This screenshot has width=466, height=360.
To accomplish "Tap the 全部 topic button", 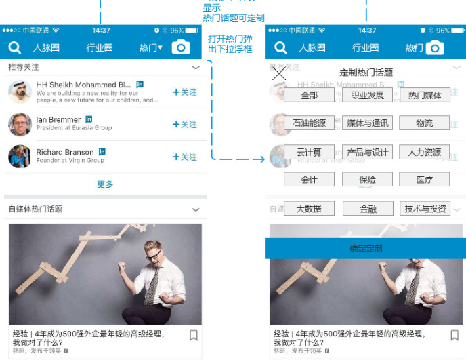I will [309, 96].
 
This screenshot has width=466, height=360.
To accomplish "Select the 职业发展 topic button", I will [367, 96].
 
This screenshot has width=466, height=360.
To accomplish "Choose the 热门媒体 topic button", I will [425, 96].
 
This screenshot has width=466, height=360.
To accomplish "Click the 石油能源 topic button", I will [309, 123].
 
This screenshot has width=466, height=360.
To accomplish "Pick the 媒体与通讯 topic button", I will [367, 123].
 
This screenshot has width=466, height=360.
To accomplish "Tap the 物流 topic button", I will [425, 123].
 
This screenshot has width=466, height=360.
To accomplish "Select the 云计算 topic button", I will [309, 152].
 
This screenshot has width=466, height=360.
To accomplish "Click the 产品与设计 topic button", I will [367, 152].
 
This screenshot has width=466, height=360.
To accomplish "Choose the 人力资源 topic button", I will [425, 152].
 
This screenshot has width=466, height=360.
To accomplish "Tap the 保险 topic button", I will [367, 180].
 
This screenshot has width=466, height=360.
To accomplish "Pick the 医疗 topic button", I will [425, 180].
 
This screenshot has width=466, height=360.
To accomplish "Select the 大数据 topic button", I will [309, 208].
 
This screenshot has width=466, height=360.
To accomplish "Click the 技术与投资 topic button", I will [425, 208].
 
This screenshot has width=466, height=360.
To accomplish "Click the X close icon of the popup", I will [278, 73].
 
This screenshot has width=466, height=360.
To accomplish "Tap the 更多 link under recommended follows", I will [105, 184].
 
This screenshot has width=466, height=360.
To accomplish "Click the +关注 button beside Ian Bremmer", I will [185, 125].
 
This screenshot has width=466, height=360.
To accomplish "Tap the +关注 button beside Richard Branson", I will [185, 157].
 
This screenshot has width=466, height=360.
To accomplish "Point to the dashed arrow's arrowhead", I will [261, 160].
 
